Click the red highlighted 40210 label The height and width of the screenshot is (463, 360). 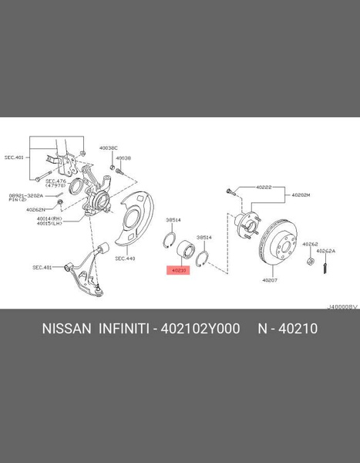178,271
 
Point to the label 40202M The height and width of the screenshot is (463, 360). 300,195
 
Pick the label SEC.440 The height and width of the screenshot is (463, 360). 126,259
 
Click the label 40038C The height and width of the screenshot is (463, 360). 108,147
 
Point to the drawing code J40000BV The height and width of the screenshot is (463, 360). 342,306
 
